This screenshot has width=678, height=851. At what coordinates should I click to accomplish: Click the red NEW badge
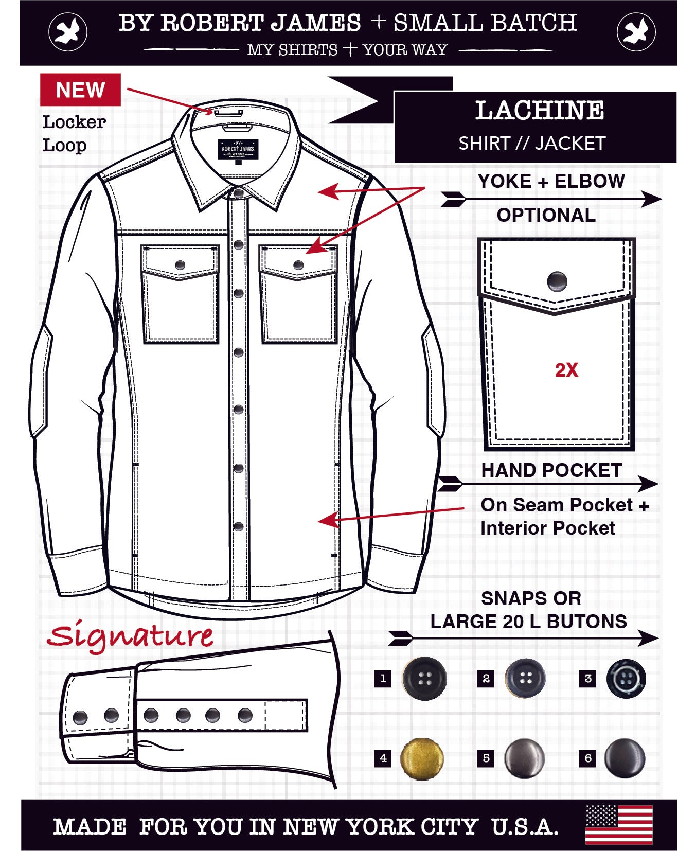point(80,90)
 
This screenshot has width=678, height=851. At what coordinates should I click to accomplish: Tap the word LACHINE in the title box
point(539,111)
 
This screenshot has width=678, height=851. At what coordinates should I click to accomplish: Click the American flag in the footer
point(619,825)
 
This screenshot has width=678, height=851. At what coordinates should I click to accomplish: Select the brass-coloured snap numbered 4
point(422,758)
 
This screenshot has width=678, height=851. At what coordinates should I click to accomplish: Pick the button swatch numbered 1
point(424,679)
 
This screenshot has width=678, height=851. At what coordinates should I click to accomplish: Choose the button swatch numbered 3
point(626,679)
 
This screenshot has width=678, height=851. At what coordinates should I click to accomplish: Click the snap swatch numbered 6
point(625,758)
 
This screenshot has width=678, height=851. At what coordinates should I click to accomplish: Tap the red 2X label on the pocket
point(566,370)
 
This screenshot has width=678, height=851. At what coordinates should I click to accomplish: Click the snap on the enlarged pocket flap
point(557,281)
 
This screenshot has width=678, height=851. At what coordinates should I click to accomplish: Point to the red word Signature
point(130,637)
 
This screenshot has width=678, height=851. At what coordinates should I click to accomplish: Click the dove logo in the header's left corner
point(68,32)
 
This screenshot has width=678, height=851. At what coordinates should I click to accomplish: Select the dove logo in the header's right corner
point(636,32)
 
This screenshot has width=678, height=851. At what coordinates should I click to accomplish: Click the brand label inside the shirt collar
point(237,149)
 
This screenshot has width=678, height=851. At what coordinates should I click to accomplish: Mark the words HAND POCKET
point(551,470)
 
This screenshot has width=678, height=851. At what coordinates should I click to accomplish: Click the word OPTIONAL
point(546,215)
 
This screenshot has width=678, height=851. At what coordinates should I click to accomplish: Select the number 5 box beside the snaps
point(486,758)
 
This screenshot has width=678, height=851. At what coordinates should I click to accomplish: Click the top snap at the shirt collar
point(238,193)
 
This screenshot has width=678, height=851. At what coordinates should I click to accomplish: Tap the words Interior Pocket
point(548,528)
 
